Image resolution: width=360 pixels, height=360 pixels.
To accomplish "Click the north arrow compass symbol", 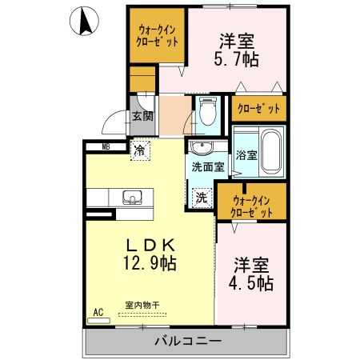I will [83, 22].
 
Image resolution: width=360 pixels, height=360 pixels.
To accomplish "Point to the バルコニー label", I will [187, 342].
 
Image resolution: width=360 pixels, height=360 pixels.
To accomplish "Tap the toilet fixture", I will [208, 112].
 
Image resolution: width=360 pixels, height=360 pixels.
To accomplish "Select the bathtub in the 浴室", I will [270, 151].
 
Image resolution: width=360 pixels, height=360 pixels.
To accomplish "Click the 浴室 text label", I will [246, 154].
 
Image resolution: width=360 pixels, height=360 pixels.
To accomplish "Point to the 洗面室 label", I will [207, 167].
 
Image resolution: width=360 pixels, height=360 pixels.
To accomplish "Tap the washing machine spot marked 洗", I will [202, 196].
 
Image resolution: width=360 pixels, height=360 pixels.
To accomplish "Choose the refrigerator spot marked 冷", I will [140, 149].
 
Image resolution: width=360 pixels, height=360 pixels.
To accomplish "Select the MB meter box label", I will [106, 146].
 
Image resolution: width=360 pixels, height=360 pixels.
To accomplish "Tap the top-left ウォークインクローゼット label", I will [158, 35].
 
